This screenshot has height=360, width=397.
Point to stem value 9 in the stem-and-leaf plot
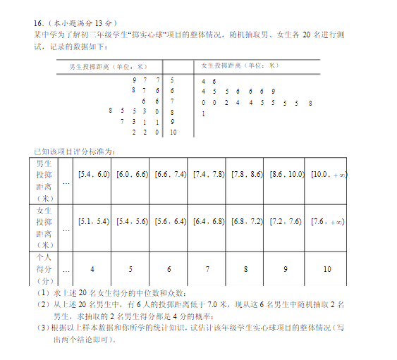(x=172, y=122)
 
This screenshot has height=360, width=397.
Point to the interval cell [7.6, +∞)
(x=327, y=221)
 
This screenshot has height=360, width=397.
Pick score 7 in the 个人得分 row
(x=207, y=268)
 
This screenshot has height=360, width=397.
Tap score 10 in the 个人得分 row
(x=327, y=268)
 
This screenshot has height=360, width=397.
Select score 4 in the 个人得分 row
(x=92, y=268)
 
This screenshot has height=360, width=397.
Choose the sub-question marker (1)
(x=42, y=292)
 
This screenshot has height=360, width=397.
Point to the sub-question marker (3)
(x=42, y=328)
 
